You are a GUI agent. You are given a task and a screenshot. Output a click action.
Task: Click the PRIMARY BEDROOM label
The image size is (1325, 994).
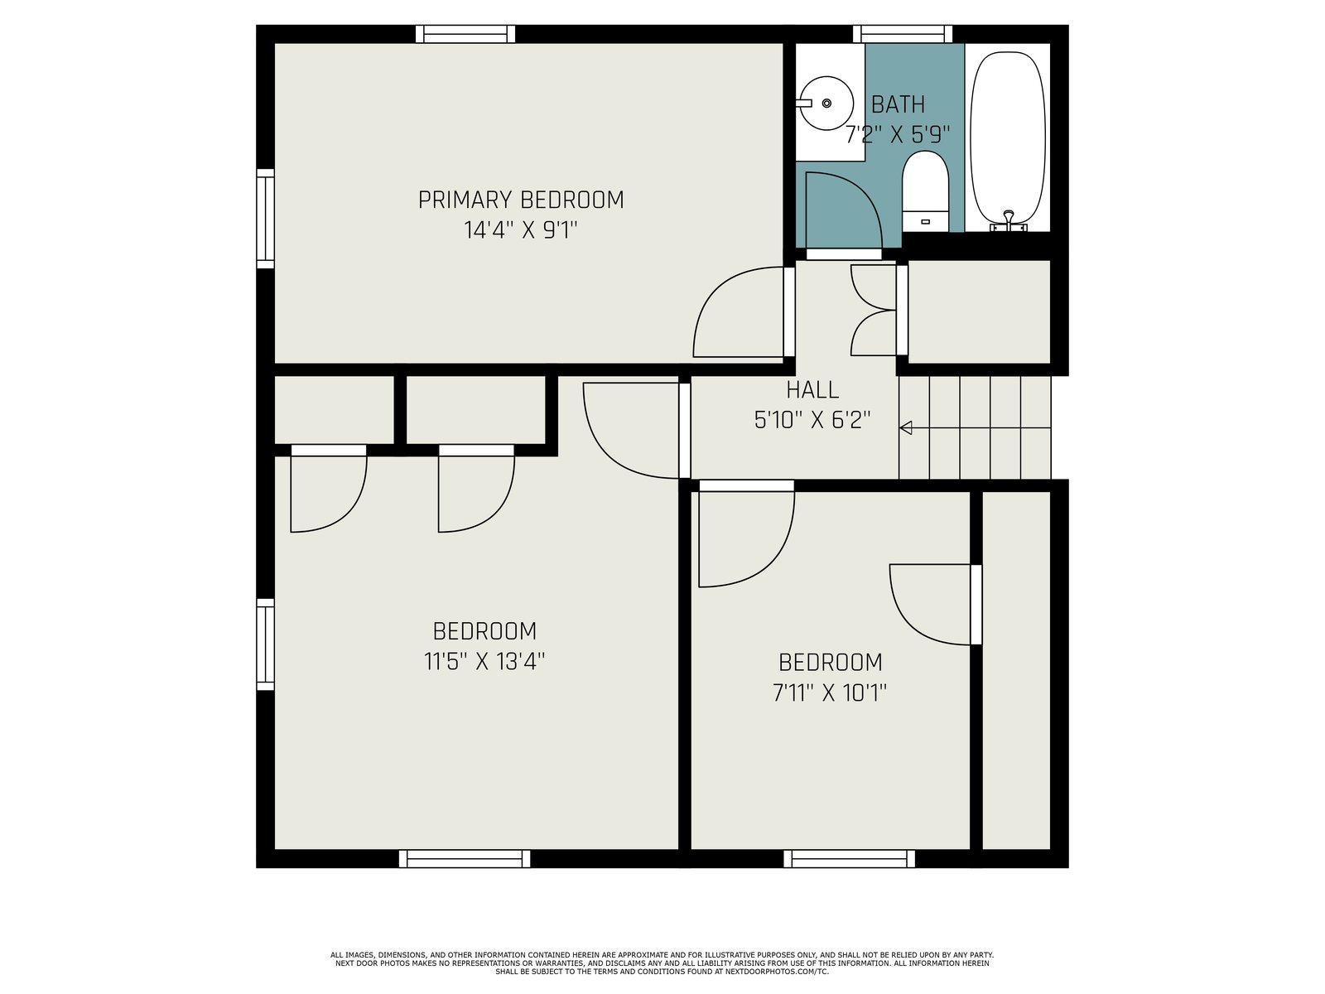521,200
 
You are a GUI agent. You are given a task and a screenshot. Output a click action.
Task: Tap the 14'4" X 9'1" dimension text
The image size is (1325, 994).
520,230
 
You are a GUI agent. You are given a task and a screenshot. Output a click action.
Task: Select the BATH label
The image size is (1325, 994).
898,105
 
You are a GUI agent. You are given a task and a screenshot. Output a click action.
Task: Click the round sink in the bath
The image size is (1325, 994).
825,104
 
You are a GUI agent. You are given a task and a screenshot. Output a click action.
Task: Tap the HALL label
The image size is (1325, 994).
812,390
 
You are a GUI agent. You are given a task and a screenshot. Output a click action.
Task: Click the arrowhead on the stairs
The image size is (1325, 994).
905,428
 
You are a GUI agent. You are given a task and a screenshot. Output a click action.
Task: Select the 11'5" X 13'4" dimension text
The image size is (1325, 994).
484,662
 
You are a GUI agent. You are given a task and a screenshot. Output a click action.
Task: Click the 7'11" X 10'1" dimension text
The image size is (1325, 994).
830,692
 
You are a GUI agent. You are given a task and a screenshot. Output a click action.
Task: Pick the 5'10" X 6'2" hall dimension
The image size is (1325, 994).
812,419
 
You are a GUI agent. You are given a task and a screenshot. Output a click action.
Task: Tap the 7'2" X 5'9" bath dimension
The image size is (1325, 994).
898,134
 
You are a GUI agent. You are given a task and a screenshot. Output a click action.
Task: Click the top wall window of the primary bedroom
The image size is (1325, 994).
465,34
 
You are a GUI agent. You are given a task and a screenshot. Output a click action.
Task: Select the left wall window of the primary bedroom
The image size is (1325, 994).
266,219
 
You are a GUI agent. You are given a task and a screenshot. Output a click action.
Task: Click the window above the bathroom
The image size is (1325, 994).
903,34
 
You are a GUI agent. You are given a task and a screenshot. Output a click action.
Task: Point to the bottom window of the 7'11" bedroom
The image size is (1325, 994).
850,858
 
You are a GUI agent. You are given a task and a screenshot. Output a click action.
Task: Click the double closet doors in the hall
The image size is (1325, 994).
873,310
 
